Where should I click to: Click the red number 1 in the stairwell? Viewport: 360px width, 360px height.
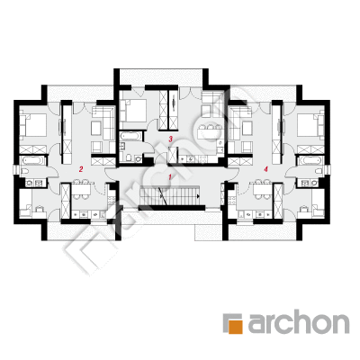pos(170,176)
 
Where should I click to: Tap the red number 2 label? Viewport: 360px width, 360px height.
pos(80,169)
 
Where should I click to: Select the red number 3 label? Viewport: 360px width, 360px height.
pos(171,139)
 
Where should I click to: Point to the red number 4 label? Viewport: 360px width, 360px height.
pos(265,169)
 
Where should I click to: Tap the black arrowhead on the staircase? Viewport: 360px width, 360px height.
pos(199,196)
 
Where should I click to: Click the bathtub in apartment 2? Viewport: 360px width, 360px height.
pos(32,160)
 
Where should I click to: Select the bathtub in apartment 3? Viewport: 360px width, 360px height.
pos(130,137)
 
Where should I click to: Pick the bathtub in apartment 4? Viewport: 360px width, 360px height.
pos(310,160)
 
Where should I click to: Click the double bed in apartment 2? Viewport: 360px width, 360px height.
pos(33,125)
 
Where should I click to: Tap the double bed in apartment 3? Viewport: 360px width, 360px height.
pos(133,111)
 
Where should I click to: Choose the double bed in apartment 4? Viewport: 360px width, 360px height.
pos(310,125)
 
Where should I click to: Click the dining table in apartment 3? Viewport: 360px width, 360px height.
pos(209,132)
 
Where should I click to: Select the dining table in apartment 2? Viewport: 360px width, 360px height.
pos(81,190)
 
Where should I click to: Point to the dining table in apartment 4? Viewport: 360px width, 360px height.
pos(263,190)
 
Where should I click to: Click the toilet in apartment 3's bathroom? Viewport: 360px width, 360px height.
pos(129,157)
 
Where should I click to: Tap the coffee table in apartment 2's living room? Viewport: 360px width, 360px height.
pos(96,129)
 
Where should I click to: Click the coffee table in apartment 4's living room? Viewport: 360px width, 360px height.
pos(247,129)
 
